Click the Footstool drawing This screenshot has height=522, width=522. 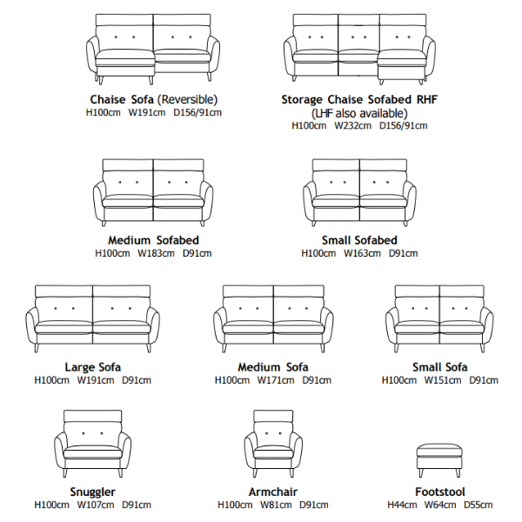439,460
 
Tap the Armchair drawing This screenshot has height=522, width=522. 273,444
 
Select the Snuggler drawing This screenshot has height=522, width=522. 92,444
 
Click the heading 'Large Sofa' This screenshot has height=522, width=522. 92,367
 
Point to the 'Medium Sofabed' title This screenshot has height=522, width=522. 153,240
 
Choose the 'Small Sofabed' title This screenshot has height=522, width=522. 359,240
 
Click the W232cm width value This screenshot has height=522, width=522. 352,125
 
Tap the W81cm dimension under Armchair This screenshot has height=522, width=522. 276,505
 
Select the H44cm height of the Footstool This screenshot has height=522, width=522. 402,505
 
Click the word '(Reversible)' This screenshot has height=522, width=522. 187,99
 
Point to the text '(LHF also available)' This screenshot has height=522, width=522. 359,113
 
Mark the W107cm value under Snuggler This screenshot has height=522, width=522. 96,505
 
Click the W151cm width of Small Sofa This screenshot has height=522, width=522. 443,380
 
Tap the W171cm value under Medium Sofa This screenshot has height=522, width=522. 276,380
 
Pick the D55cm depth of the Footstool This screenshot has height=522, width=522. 478,505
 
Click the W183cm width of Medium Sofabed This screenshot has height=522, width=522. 156,253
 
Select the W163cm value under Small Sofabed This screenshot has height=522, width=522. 362,253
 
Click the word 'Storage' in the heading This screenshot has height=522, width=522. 302,99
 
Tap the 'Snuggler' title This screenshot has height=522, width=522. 92,492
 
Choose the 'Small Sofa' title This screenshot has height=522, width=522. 439,367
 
